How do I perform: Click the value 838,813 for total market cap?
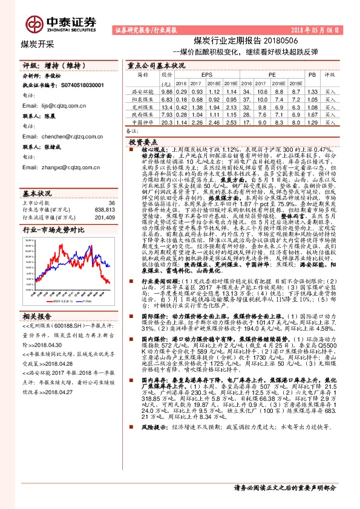(x=104, y=209)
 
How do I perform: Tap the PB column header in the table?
(x=312, y=75)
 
